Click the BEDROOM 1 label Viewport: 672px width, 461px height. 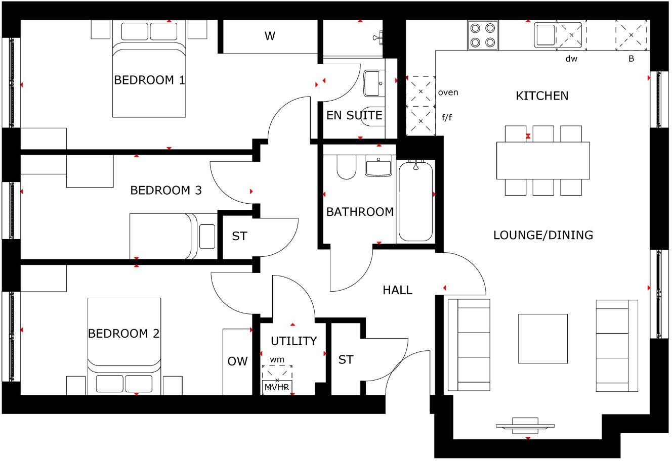(x=149, y=80)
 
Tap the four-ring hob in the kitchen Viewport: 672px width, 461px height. (x=482, y=35)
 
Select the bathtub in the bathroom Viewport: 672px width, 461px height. (x=415, y=201)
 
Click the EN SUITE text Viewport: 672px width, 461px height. (x=354, y=115)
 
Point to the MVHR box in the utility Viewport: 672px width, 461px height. (x=277, y=387)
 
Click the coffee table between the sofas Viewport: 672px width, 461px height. (x=543, y=338)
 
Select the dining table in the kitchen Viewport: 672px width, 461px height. (x=543, y=160)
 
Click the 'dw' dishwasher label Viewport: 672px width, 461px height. (x=571, y=59)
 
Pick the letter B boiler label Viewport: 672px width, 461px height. (x=631, y=59)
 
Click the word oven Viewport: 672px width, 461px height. (x=448, y=92)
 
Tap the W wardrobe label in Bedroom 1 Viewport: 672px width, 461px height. (x=270, y=36)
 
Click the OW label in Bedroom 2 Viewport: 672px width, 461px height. (x=237, y=361)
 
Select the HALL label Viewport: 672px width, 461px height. (x=397, y=290)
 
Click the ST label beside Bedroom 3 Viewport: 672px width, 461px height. (x=239, y=236)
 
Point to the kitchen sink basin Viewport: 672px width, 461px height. (x=545, y=35)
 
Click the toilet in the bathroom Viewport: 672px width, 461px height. (x=347, y=167)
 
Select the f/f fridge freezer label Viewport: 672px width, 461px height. (x=447, y=117)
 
